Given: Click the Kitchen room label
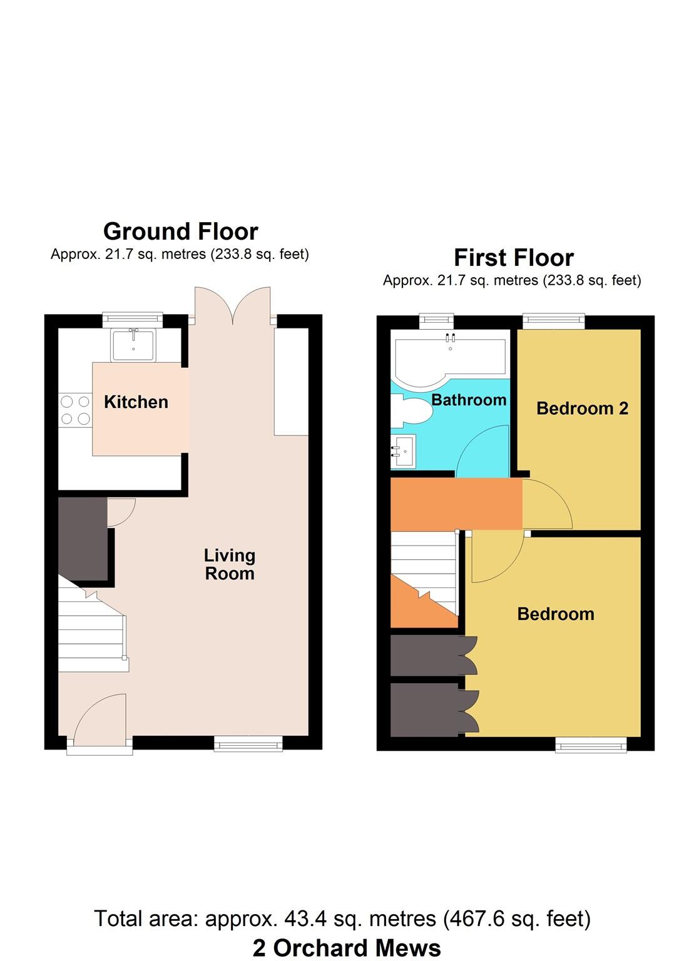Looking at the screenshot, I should (136, 402).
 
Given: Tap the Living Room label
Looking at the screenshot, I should (230, 564).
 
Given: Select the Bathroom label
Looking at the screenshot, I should (469, 400).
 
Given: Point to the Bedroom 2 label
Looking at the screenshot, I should (582, 409).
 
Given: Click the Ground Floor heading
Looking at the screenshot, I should (180, 231).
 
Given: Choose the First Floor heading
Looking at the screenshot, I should (513, 258).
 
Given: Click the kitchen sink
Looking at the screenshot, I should (133, 345).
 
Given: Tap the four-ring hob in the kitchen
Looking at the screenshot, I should (75, 410).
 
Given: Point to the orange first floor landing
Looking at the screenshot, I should (456, 504).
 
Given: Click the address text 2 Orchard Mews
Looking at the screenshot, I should (347, 948).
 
